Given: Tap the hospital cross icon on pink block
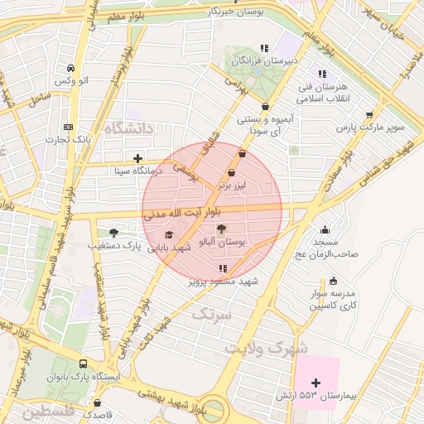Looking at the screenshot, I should pos(315,383).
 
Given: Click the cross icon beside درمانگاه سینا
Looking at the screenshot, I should pos(137,158).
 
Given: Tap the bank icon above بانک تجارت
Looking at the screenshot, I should pos(68,127).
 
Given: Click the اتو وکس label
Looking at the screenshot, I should pos(72,80).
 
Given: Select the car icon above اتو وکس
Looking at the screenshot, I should pos(72,67).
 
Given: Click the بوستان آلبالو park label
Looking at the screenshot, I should pos(224,240).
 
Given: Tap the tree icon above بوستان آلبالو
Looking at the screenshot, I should pos(223,228).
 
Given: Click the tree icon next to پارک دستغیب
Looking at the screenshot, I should pos(113,233).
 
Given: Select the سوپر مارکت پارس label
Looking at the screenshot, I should pos(370,128).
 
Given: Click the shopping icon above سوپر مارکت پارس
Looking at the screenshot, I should pos(369,115).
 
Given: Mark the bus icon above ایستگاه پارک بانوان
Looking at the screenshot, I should pos(83,364).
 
